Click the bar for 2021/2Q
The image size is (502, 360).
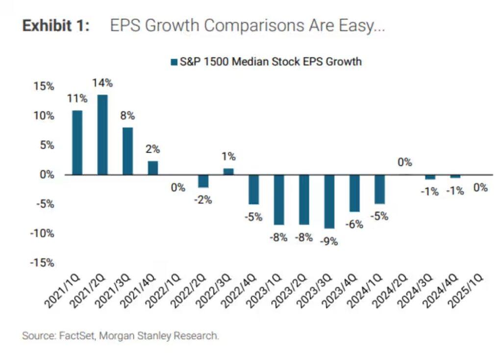coord(102,134)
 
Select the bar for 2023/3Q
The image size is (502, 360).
coord(329,201)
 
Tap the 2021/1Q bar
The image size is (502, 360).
coord(77,142)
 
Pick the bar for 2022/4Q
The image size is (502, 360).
coord(253,189)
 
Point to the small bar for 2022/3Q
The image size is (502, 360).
coord(228,172)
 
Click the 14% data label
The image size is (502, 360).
coord(102,83)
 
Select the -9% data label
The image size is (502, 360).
coord(329,241)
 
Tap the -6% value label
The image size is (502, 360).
coord(354,224)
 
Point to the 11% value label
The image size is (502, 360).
coord(77,98)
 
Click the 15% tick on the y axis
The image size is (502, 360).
coord(44,86)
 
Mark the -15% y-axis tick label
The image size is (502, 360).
coord(43,263)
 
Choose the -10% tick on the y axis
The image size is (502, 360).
coord(43,233)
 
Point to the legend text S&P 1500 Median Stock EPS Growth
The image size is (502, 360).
coord(270,62)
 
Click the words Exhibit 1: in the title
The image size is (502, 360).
coord(56,26)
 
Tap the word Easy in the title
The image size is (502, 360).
coord(360,26)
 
